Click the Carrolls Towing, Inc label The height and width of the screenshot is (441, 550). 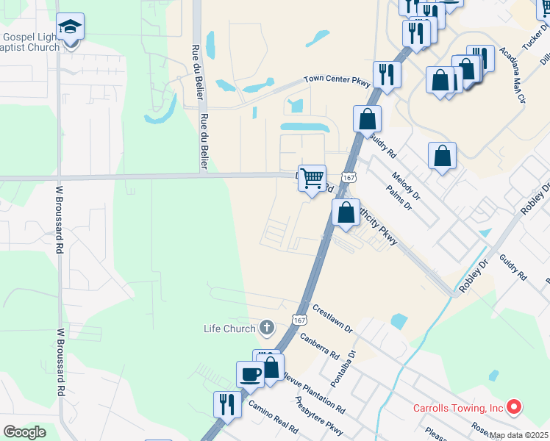point(457,408)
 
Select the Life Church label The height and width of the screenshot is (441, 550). point(229,329)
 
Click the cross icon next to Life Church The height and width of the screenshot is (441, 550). point(266,328)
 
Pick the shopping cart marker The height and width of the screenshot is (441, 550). point(312,179)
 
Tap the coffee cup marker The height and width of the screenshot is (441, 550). point(250,373)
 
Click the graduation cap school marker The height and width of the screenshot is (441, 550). point(71,28)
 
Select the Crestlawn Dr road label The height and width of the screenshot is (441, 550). point(332,318)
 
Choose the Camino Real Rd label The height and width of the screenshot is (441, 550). point(273,416)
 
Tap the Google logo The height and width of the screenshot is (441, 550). point(24,432)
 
